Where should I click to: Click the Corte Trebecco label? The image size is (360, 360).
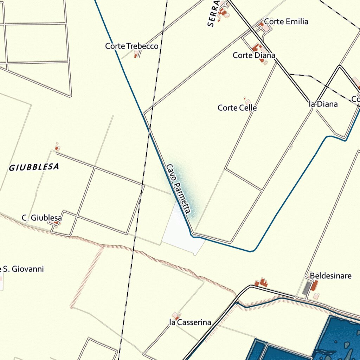click(131, 46)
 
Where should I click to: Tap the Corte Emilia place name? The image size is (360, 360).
click(286, 21)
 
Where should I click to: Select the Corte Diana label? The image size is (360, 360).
click(254, 55)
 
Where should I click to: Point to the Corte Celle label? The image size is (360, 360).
click(237, 108)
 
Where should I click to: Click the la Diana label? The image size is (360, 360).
click(323, 104)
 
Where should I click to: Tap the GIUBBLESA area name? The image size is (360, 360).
click(34, 167)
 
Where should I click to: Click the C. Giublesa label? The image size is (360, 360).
click(41, 218)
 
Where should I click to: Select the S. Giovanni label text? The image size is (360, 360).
click(23, 269)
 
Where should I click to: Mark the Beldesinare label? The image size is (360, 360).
click(330, 276)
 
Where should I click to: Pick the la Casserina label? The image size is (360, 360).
click(190, 322)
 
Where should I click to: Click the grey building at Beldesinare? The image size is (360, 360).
click(307, 288)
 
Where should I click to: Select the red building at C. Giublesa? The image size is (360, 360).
click(56, 223)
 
